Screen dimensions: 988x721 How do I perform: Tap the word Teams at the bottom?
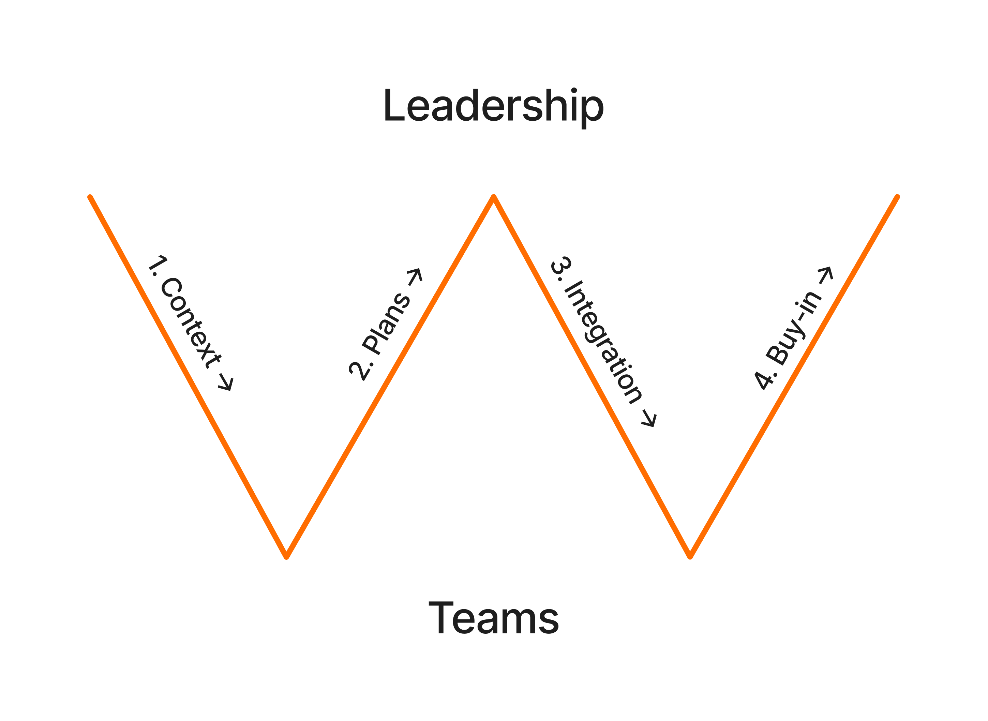[x=494, y=618]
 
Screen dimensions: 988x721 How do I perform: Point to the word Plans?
[x=386, y=324]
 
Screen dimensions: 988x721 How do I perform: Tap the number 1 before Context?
[x=158, y=264]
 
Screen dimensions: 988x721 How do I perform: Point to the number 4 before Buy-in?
[x=762, y=380]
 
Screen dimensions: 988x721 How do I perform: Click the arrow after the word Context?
[x=226, y=382]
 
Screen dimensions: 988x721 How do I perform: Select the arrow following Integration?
[x=649, y=418]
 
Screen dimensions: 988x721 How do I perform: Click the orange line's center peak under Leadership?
[x=494, y=197]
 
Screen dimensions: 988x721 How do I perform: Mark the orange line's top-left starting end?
[x=90, y=197]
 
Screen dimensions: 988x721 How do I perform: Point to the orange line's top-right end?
[x=897, y=197]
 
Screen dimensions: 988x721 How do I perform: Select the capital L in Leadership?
[x=394, y=105]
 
